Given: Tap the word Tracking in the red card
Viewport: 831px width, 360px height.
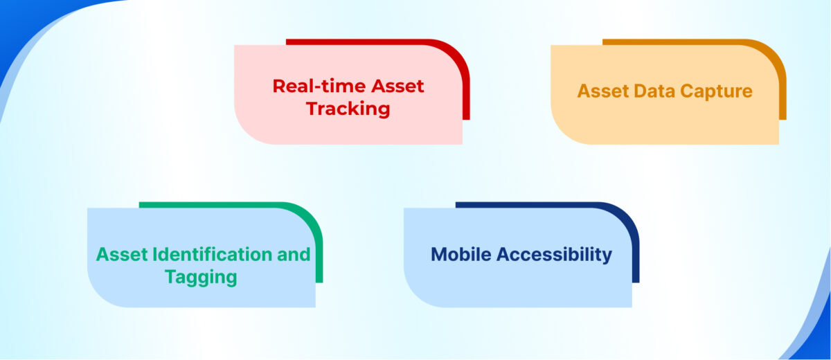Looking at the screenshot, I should [348, 109].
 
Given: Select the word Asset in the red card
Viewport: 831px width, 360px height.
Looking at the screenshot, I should [398, 87].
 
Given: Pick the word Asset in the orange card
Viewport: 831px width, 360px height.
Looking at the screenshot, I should [601, 91].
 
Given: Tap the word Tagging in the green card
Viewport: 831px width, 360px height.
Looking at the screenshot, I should [201, 278].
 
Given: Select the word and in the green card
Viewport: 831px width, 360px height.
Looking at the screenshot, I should [294, 255].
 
